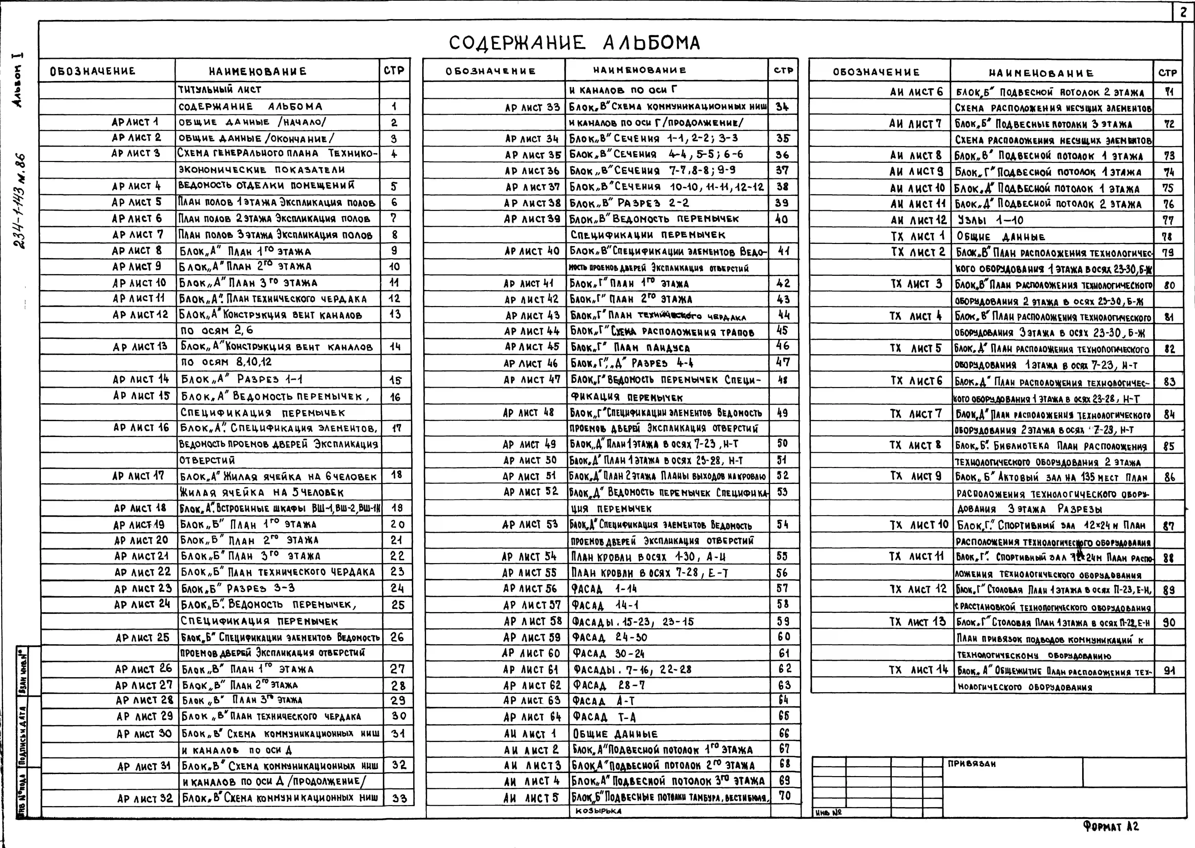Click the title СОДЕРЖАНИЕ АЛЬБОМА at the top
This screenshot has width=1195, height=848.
(574, 43)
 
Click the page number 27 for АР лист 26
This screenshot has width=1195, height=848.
(398, 669)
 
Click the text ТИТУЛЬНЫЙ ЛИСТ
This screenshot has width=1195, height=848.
(219, 89)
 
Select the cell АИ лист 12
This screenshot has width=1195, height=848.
(918, 220)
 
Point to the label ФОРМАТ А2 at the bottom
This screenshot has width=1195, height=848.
(1110, 826)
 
